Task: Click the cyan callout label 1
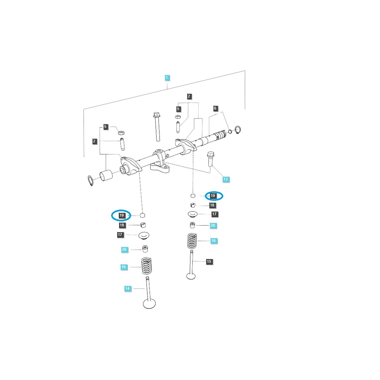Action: coord(167,78)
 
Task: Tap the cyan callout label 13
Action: coord(225,179)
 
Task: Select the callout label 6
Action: coord(215,108)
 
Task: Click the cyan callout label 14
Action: coord(127,288)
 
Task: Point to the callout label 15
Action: coord(209,262)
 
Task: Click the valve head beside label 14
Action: coord(149,304)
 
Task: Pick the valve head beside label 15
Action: coord(191,276)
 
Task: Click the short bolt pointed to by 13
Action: coord(211,159)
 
